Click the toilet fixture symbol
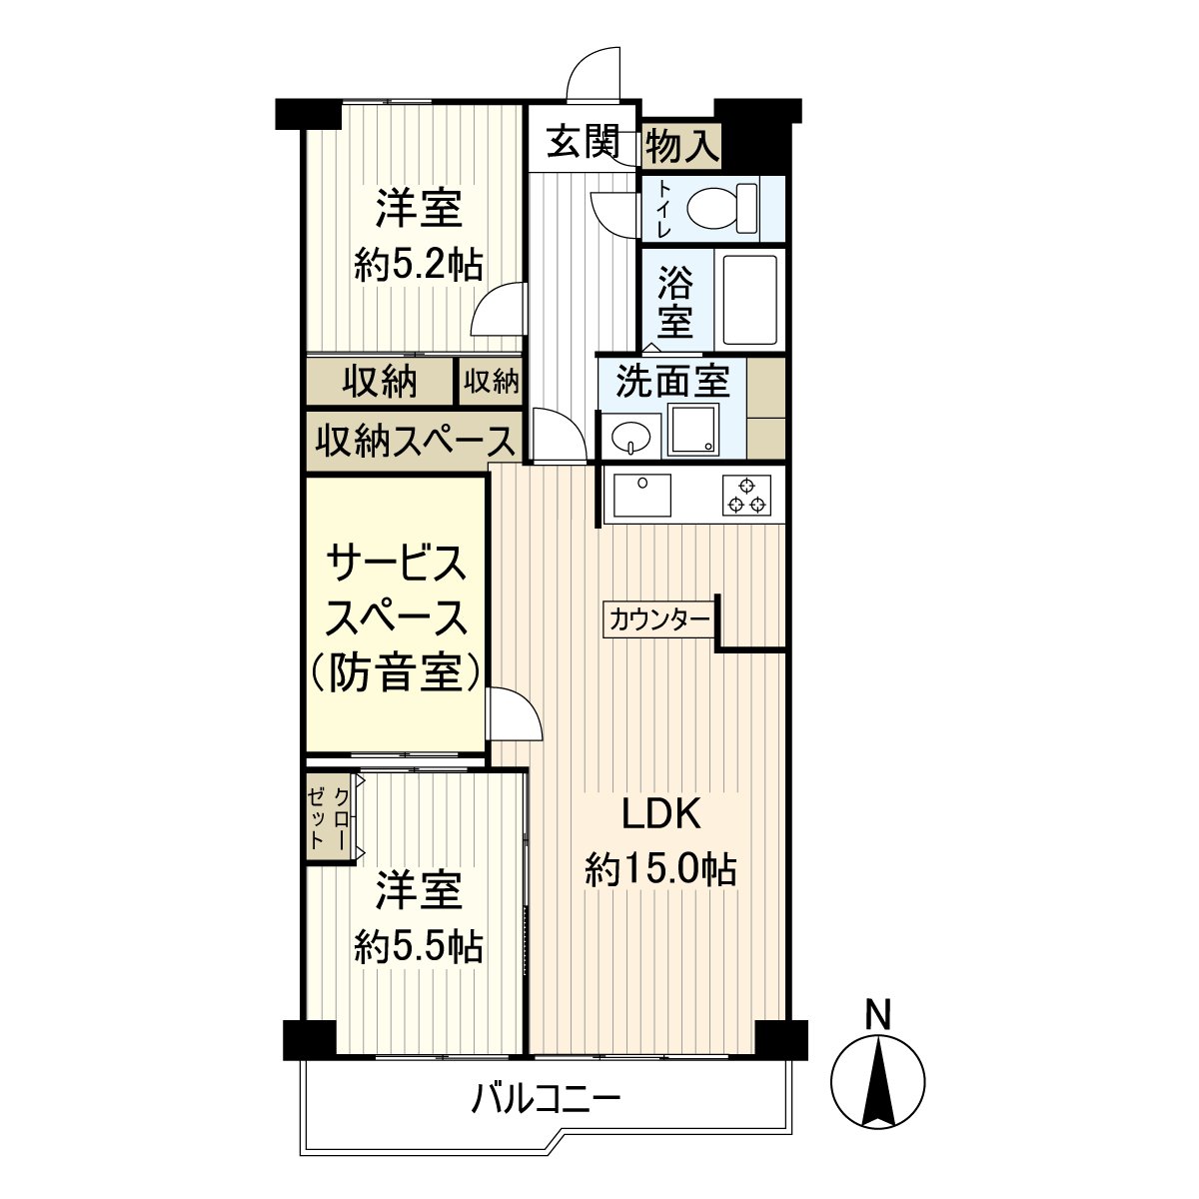[723, 208]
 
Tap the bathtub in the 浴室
[749, 301]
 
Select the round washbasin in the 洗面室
[629, 436]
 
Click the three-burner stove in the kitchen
[746, 495]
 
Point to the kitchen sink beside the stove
[641, 496]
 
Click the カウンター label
[659, 620]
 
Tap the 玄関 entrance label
[584, 142]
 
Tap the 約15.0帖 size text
[660, 870]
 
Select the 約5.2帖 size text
[418, 267]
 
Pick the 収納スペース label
[415, 442]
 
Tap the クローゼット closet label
[328, 819]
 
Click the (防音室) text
[397, 673]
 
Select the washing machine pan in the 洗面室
[692, 430]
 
